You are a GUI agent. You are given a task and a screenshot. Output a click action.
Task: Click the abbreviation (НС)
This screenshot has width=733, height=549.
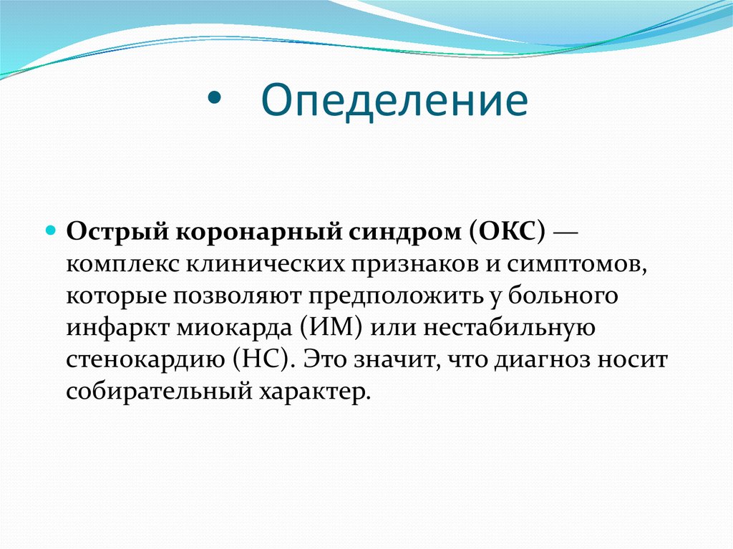pyautogui.click(x=263, y=359)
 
